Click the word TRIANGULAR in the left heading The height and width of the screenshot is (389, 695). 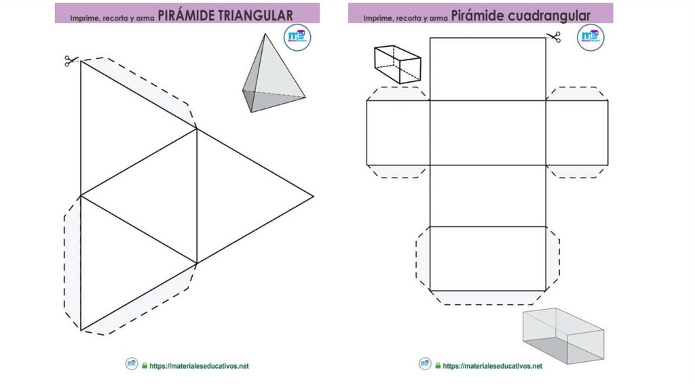coord(257,15)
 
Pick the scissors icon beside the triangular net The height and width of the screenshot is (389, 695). coord(69,61)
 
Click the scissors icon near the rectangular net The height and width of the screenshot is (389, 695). coord(554,37)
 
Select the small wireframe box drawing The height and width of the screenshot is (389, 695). coord(397,64)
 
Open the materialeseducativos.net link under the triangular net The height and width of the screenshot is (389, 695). coord(199,366)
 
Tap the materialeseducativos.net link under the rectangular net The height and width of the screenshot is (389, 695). coord(492,366)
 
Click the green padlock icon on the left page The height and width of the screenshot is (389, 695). coord(145,366)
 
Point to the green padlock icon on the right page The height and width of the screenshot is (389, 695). coord(438,366)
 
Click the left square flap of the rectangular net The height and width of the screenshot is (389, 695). coord(398,133)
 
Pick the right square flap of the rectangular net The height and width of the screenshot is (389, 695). coord(576,133)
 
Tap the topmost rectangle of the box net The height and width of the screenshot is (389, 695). coord(487,69)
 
